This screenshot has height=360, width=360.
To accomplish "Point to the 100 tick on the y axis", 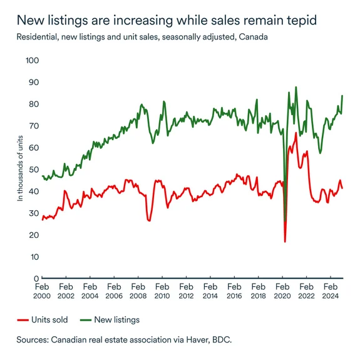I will click(x=31, y=61).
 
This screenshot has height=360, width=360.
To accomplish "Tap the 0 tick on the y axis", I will click(x=36, y=279).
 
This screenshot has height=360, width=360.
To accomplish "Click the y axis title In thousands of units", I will click(x=20, y=169).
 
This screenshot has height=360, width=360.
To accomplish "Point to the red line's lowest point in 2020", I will click(x=285, y=242).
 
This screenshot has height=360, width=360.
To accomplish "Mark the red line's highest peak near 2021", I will click(x=296, y=133).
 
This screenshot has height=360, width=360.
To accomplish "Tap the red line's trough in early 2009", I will click(x=149, y=220).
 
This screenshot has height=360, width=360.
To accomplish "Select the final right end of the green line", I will click(x=342, y=96).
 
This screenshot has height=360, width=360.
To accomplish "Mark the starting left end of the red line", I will click(x=42, y=220).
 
